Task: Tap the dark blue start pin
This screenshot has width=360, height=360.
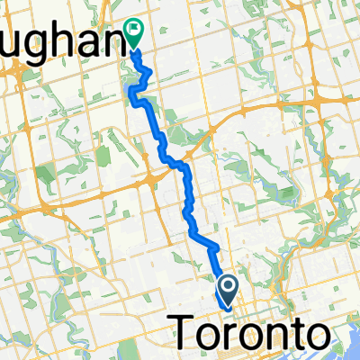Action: pos(228,288)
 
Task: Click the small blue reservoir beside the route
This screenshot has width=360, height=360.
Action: pos(137,87)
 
